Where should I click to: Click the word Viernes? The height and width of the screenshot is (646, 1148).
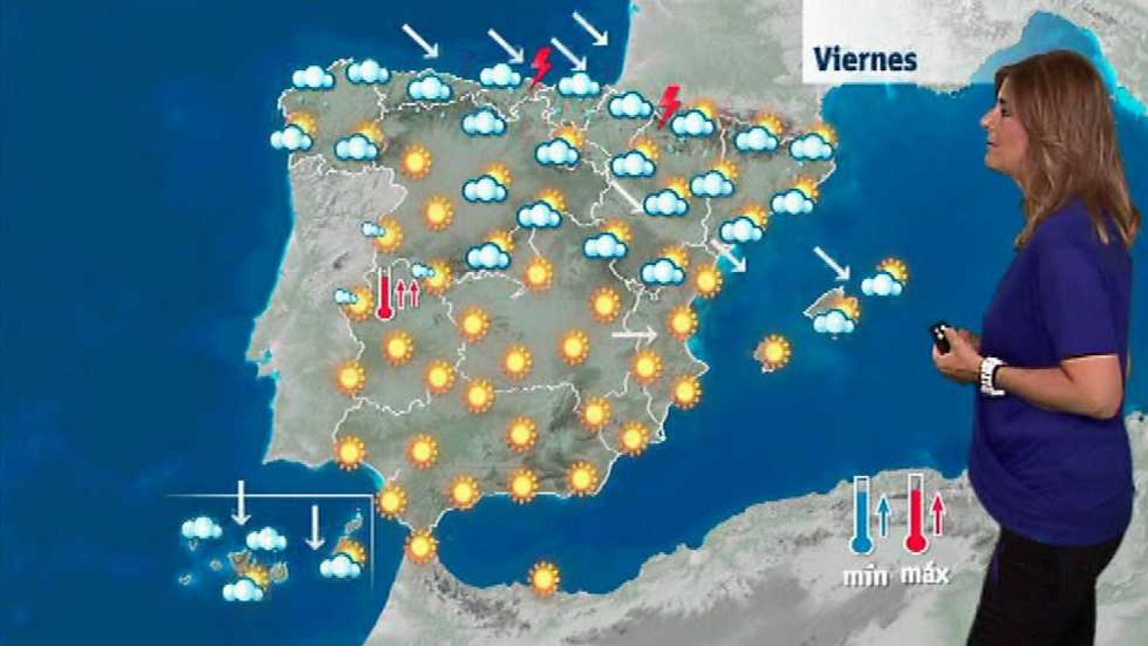pyautogui.click(x=865, y=60)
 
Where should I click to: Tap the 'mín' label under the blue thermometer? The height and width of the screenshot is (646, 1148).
pyautogui.click(x=861, y=575)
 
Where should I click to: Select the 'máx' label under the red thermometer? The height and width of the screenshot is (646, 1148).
pyautogui.click(x=924, y=574)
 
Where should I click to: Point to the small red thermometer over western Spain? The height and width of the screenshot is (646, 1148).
pyautogui.click(x=385, y=293)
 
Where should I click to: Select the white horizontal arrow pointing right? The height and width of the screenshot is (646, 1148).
pyautogui.click(x=634, y=334)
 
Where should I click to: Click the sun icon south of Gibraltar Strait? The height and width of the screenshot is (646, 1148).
pyautogui.click(x=544, y=578)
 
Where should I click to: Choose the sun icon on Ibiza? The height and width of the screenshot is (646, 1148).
pyautogui.click(x=773, y=352)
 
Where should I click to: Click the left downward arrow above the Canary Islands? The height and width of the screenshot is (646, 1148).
pyautogui.click(x=241, y=502)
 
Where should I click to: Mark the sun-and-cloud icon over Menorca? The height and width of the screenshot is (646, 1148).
pyautogui.click(x=885, y=278)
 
